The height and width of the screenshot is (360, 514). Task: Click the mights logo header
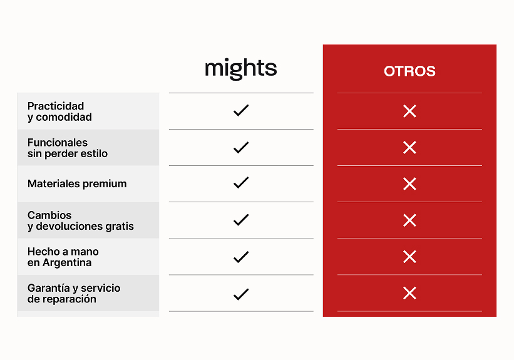tap(241, 68)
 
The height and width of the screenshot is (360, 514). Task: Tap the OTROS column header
tap(409, 71)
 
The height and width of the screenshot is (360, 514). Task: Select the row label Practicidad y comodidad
tap(59, 111)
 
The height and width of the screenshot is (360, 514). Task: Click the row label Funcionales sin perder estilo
tap(68, 148)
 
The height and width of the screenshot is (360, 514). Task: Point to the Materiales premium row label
tap(77, 183)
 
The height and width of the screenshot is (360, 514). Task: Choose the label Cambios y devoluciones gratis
tap(81, 220)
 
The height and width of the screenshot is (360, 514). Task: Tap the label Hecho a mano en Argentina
tap(63, 257)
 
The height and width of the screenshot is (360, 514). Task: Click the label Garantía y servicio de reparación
tap(74, 294)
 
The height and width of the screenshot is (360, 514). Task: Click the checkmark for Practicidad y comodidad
tap(241, 110)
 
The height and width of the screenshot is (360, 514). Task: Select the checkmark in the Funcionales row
tap(241, 147)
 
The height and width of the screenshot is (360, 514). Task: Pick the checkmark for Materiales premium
tap(241, 183)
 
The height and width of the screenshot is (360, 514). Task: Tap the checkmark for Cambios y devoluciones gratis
tap(241, 220)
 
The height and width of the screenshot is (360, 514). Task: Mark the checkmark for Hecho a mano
tap(241, 257)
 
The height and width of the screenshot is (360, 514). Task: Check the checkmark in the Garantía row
tap(241, 294)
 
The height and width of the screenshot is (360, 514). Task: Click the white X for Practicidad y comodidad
tap(409, 111)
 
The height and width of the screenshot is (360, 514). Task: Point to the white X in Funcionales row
tap(409, 148)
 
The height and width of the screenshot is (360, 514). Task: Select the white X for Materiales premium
tap(409, 184)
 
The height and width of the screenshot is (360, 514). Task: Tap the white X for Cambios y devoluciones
tap(409, 220)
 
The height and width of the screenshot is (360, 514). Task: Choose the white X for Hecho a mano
tap(409, 257)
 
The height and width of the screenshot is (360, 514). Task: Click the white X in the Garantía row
tap(409, 293)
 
